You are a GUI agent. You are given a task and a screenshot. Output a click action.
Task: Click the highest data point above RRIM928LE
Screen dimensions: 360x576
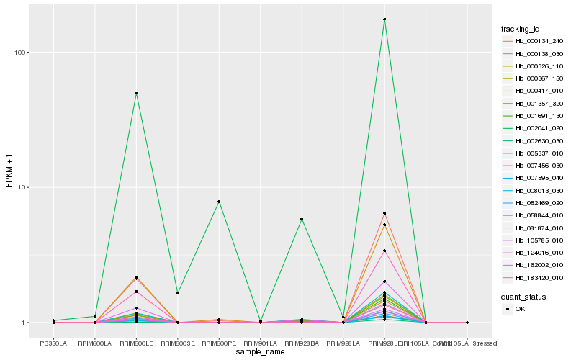[x=384, y=19]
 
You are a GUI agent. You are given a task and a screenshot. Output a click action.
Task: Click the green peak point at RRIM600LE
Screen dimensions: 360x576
[x=136, y=94]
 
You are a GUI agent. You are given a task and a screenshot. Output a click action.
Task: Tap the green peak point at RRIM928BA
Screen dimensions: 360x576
[x=302, y=219]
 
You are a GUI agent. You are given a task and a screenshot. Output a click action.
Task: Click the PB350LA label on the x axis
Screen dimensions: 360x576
[x=53, y=343]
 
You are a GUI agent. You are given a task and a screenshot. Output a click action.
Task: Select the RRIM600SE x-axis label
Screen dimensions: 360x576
[x=178, y=343]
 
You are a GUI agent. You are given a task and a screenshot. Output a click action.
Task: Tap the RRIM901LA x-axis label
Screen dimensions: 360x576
[x=261, y=343]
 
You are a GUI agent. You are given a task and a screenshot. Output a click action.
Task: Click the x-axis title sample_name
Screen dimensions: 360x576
[x=261, y=352]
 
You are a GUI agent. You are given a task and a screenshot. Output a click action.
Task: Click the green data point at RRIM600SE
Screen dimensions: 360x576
[x=178, y=293]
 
